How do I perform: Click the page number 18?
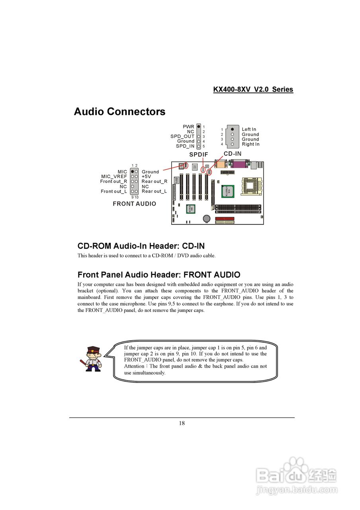182,423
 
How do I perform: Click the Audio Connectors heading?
119,112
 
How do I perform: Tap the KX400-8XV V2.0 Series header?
253,89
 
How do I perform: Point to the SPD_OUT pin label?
182,136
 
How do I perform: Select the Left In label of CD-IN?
249,129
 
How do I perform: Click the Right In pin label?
250,144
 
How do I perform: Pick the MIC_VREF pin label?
114,177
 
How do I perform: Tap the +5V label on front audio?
147,177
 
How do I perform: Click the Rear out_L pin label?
154,191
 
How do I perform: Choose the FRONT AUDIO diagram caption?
134,204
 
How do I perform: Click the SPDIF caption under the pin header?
198,155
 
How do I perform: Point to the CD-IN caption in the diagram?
233,154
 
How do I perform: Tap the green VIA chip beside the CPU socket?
228,191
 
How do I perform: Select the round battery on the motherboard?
207,218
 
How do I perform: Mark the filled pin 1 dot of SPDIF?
199,126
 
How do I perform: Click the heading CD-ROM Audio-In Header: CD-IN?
141,246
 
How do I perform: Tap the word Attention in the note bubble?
135,366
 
